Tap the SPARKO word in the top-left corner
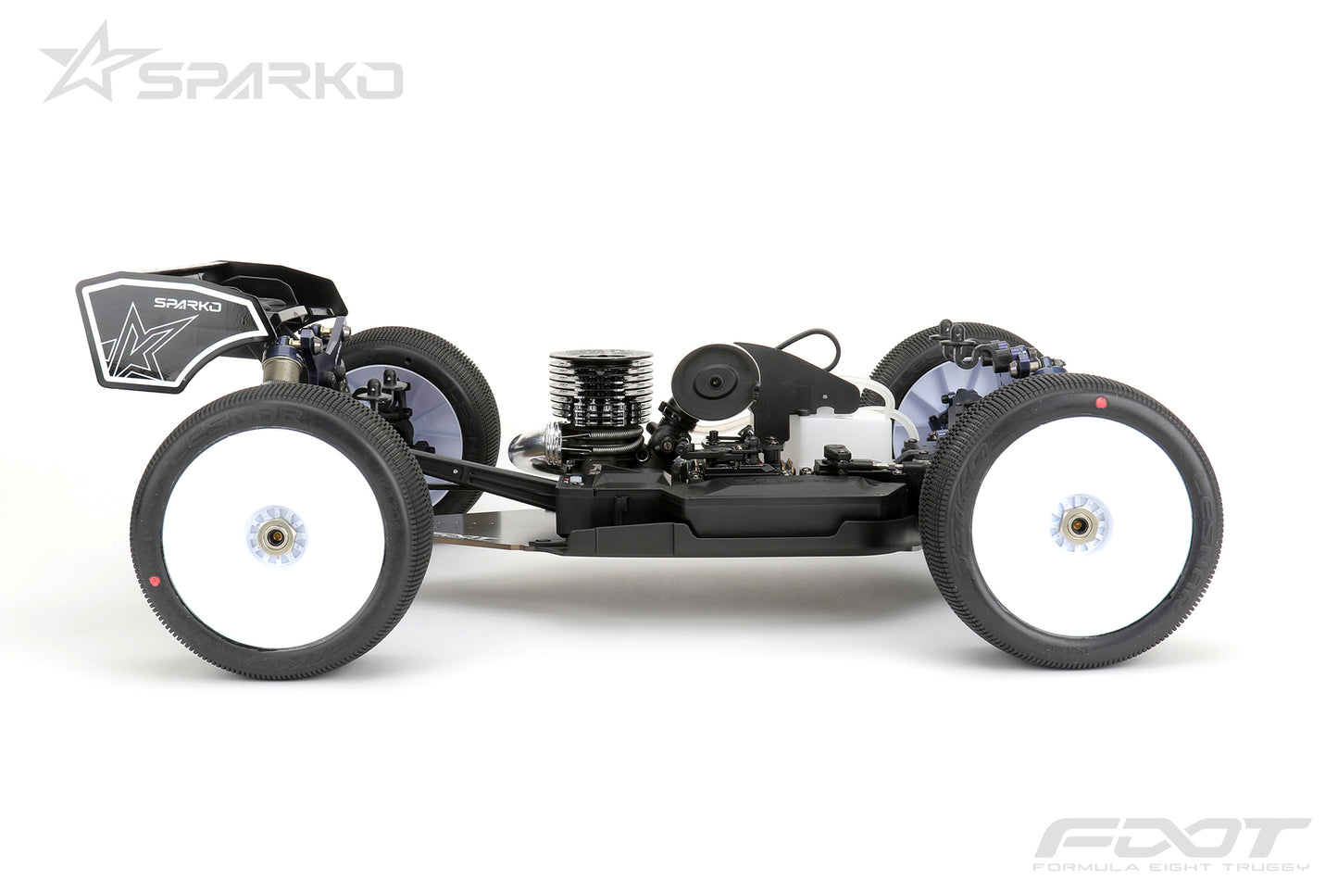[269, 81]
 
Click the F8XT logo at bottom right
[1170, 839]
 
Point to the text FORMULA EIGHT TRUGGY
[1171, 868]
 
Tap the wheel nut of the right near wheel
[1077, 525]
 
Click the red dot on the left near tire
[156, 581]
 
